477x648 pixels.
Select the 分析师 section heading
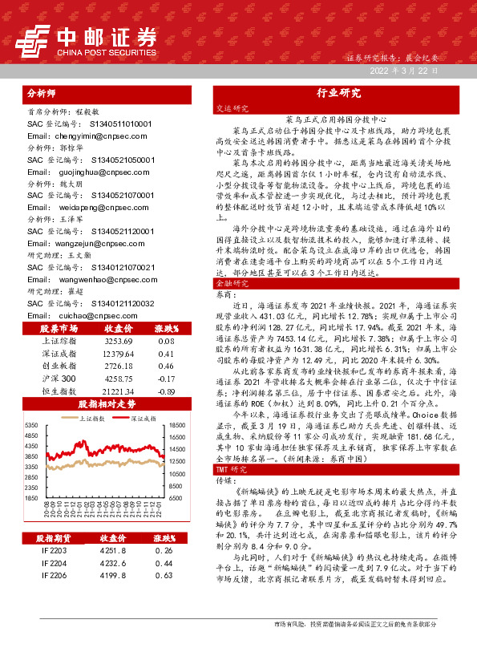click(x=44, y=92)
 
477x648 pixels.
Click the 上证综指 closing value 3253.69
click(x=119, y=341)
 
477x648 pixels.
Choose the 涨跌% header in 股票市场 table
click(x=167, y=328)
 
